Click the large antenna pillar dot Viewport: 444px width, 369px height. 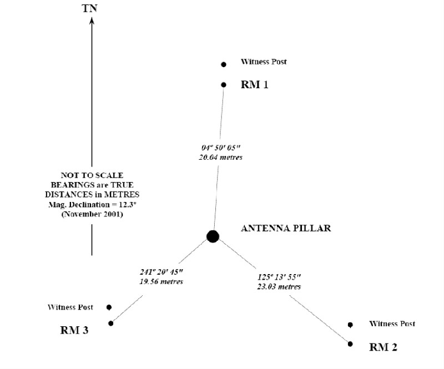click(213, 236)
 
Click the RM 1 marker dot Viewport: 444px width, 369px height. click(224, 85)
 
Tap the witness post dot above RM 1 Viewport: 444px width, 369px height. click(224, 64)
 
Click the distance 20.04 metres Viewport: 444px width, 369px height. click(221, 158)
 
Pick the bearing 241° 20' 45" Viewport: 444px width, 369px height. click(162, 272)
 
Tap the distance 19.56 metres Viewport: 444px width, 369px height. click(162, 281)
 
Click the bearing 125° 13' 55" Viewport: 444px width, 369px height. click(279, 277)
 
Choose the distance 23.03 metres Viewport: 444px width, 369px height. click(279, 286)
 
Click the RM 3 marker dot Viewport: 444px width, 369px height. click(111, 323)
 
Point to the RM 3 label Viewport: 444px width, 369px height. click(74, 331)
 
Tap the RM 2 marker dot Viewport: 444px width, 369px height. click(350, 343)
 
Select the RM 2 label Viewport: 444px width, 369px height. click(384, 347)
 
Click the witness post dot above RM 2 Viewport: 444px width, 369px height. click(350, 325)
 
